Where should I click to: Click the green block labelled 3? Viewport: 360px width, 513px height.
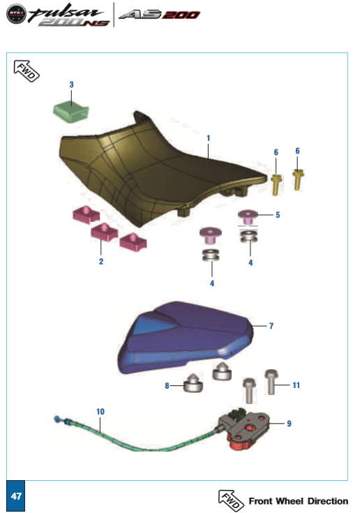(x=70, y=112)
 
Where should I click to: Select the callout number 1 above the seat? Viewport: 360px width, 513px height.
(x=209, y=138)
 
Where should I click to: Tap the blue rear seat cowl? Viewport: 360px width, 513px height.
(x=186, y=337)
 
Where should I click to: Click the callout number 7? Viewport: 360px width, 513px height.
(x=271, y=326)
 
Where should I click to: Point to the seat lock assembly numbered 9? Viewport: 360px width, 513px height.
(x=243, y=426)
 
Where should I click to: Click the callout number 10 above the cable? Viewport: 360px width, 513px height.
(x=100, y=412)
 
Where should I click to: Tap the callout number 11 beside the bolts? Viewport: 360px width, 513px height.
(x=296, y=385)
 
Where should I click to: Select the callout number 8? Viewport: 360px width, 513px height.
(x=167, y=386)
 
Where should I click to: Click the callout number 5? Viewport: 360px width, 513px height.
(x=278, y=215)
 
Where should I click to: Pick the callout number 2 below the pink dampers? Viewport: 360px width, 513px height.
(x=101, y=262)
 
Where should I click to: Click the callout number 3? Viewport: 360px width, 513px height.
(x=71, y=84)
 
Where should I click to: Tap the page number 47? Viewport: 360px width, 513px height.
(x=16, y=496)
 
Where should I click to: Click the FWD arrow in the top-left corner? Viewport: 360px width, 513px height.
(x=26, y=70)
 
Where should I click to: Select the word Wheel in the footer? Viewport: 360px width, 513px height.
(x=290, y=501)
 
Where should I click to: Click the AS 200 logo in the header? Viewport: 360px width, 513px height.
(x=159, y=15)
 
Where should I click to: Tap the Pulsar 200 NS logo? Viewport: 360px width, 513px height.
(x=58, y=15)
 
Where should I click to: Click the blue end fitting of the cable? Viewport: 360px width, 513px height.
(x=57, y=419)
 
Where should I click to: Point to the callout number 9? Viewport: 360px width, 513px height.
(x=289, y=424)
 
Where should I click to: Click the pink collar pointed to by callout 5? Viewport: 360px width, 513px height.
(x=248, y=216)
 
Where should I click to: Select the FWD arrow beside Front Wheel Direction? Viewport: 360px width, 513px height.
(x=231, y=500)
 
